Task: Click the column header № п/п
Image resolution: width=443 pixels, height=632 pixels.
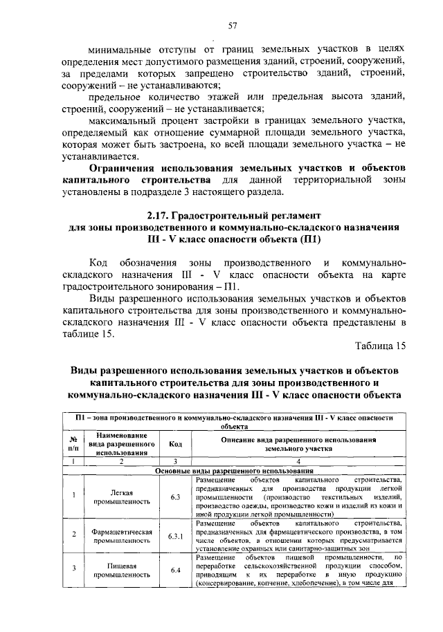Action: (x=73, y=444)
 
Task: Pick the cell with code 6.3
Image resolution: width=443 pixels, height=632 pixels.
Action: (x=175, y=497)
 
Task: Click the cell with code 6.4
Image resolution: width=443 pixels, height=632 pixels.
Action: (x=175, y=570)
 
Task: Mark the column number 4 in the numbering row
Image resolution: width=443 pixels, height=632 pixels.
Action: (x=299, y=461)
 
